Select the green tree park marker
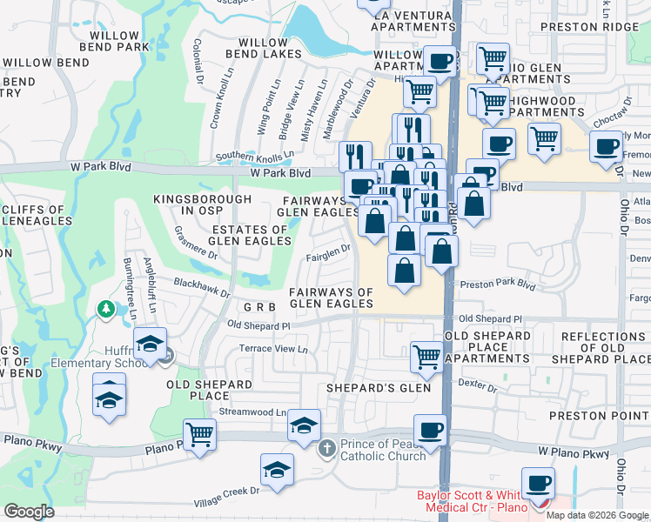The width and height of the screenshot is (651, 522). (105, 309)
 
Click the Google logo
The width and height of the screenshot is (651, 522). (29, 511)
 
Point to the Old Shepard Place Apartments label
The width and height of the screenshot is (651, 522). (487, 346)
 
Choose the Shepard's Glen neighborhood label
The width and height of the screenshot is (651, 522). (379, 388)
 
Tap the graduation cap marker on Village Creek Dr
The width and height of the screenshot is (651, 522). (277, 469)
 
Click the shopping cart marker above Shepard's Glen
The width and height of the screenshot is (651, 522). (426, 355)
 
